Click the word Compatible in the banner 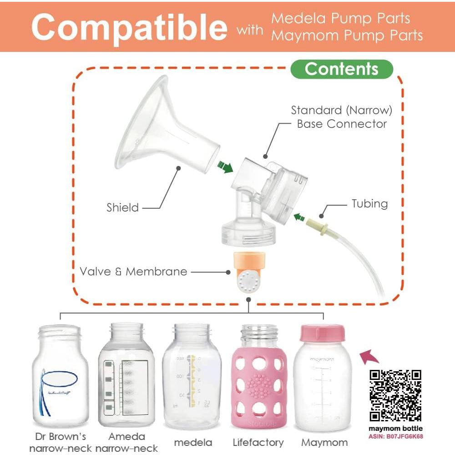coord(129,27)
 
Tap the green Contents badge coord(342,69)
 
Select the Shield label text coord(122,208)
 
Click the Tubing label coord(369,203)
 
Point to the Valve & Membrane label coord(133,272)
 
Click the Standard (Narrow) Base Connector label coord(341,117)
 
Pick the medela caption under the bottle coord(193,442)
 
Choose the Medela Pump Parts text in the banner coord(340,19)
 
